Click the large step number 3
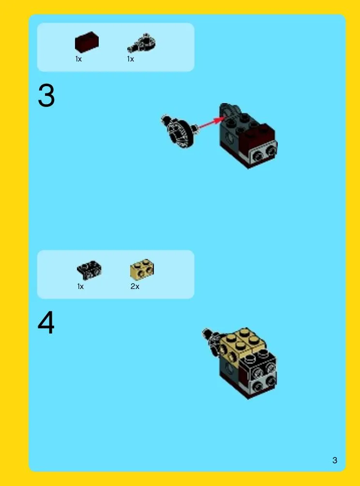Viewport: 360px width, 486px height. coord(46,96)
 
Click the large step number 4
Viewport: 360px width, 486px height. coord(46,322)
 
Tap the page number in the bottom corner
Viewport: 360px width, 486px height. coord(334,460)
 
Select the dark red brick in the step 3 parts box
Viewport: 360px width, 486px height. coord(87,42)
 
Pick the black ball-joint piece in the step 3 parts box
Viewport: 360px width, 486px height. coord(142,43)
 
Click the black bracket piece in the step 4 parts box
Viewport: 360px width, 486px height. coord(89,270)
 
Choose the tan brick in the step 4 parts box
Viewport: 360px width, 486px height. coord(142,269)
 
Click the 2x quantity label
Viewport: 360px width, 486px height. coord(135,287)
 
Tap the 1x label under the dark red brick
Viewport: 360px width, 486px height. coord(78,59)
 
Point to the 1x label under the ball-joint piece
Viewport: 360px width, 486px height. coord(131,59)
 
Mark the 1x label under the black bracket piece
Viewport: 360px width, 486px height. coord(80,287)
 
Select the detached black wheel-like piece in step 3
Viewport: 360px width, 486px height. coord(179,131)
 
